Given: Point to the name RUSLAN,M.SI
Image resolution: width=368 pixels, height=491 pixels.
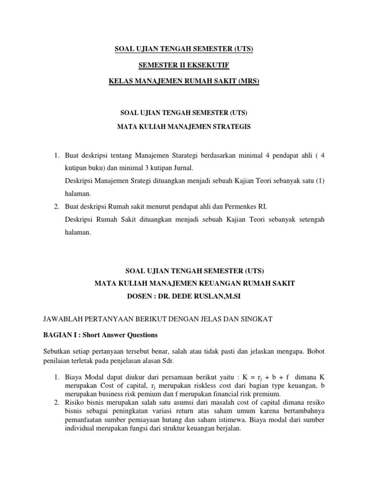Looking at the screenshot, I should click(x=219, y=296).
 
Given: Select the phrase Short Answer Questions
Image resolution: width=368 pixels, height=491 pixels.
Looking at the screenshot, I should click(x=124, y=335).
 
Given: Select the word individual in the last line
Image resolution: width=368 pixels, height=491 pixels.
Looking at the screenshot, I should click(x=80, y=428).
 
